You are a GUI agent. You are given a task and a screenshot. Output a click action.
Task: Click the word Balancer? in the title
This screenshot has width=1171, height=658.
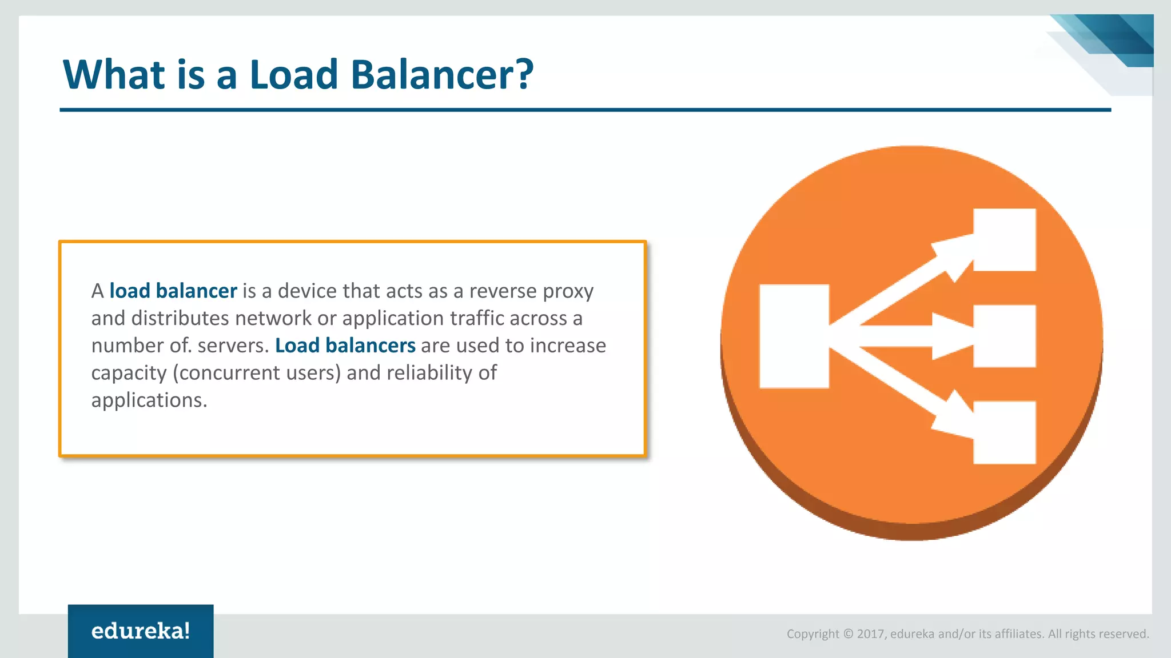pyautogui.click(x=441, y=75)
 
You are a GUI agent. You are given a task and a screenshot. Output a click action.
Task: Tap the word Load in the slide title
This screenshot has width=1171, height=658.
pyautogui.click(x=294, y=75)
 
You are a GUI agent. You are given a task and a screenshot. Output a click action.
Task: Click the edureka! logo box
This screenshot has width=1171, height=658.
pyautogui.click(x=141, y=631)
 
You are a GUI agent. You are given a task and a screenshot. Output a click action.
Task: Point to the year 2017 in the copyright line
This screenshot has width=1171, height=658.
pyautogui.click(x=870, y=634)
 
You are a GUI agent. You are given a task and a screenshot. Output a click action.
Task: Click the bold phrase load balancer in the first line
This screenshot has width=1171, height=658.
pyautogui.click(x=173, y=291)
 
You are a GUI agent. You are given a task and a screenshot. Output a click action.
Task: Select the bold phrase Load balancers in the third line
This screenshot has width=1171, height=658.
pyautogui.click(x=345, y=346)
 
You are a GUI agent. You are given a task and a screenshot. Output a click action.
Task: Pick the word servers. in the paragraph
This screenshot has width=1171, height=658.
pyautogui.click(x=233, y=346)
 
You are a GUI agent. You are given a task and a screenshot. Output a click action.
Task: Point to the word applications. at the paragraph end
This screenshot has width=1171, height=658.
pyautogui.click(x=149, y=400)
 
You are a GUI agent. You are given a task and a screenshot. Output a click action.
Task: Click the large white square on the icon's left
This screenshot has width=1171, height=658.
pyautogui.click(x=794, y=336)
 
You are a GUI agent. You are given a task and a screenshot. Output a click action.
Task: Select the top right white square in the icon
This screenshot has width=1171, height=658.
pyautogui.click(x=1004, y=240)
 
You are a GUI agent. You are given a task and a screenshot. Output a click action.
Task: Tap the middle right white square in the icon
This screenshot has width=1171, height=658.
pyautogui.click(x=1004, y=336)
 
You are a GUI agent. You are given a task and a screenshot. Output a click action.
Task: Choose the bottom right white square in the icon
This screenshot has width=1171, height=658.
pyautogui.click(x=1004, y=432)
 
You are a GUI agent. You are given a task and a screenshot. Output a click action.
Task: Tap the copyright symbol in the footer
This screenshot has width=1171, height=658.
pyautogui.click(x=848, y=634)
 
